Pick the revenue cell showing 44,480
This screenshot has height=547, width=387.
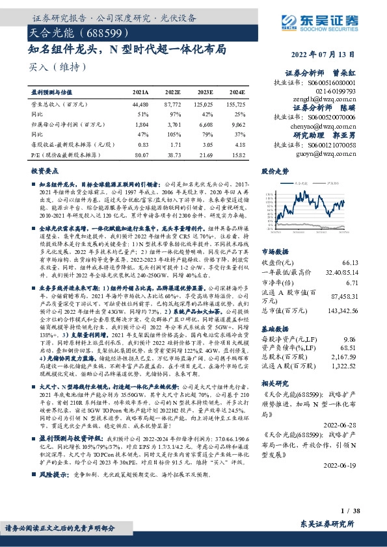(x=140, y=104)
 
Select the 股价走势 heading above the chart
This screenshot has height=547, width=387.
(x=274, y=172)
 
